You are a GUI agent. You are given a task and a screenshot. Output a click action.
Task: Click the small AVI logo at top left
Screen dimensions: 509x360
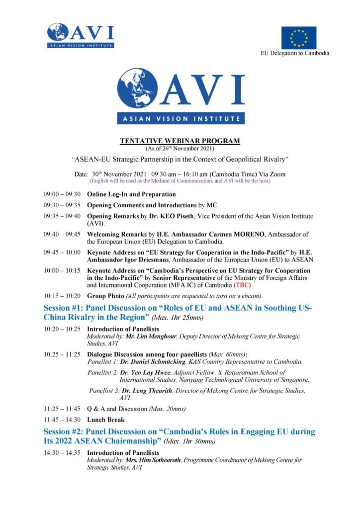click(x=81, y=35)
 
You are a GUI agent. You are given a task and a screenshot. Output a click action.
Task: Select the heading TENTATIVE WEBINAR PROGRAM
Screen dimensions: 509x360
click(x=180, y=141)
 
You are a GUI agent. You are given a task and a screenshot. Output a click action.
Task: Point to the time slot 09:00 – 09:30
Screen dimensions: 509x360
click(x=62, y=194)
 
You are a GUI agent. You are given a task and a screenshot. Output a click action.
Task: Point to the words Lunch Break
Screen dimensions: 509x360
click(x=105, y=420)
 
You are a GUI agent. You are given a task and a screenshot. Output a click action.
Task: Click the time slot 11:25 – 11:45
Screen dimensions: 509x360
click(x=62, y=409)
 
